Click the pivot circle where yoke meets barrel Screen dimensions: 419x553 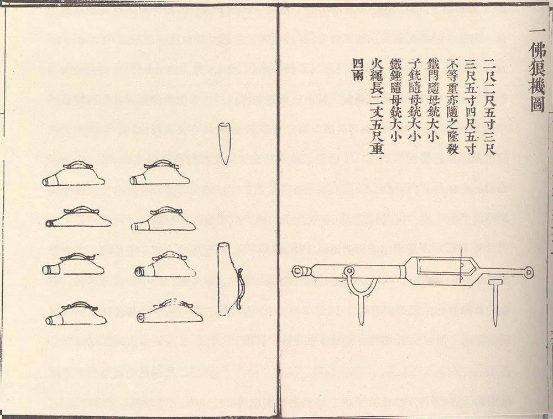pos(349,271)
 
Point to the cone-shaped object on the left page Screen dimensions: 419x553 pos(225,143)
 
